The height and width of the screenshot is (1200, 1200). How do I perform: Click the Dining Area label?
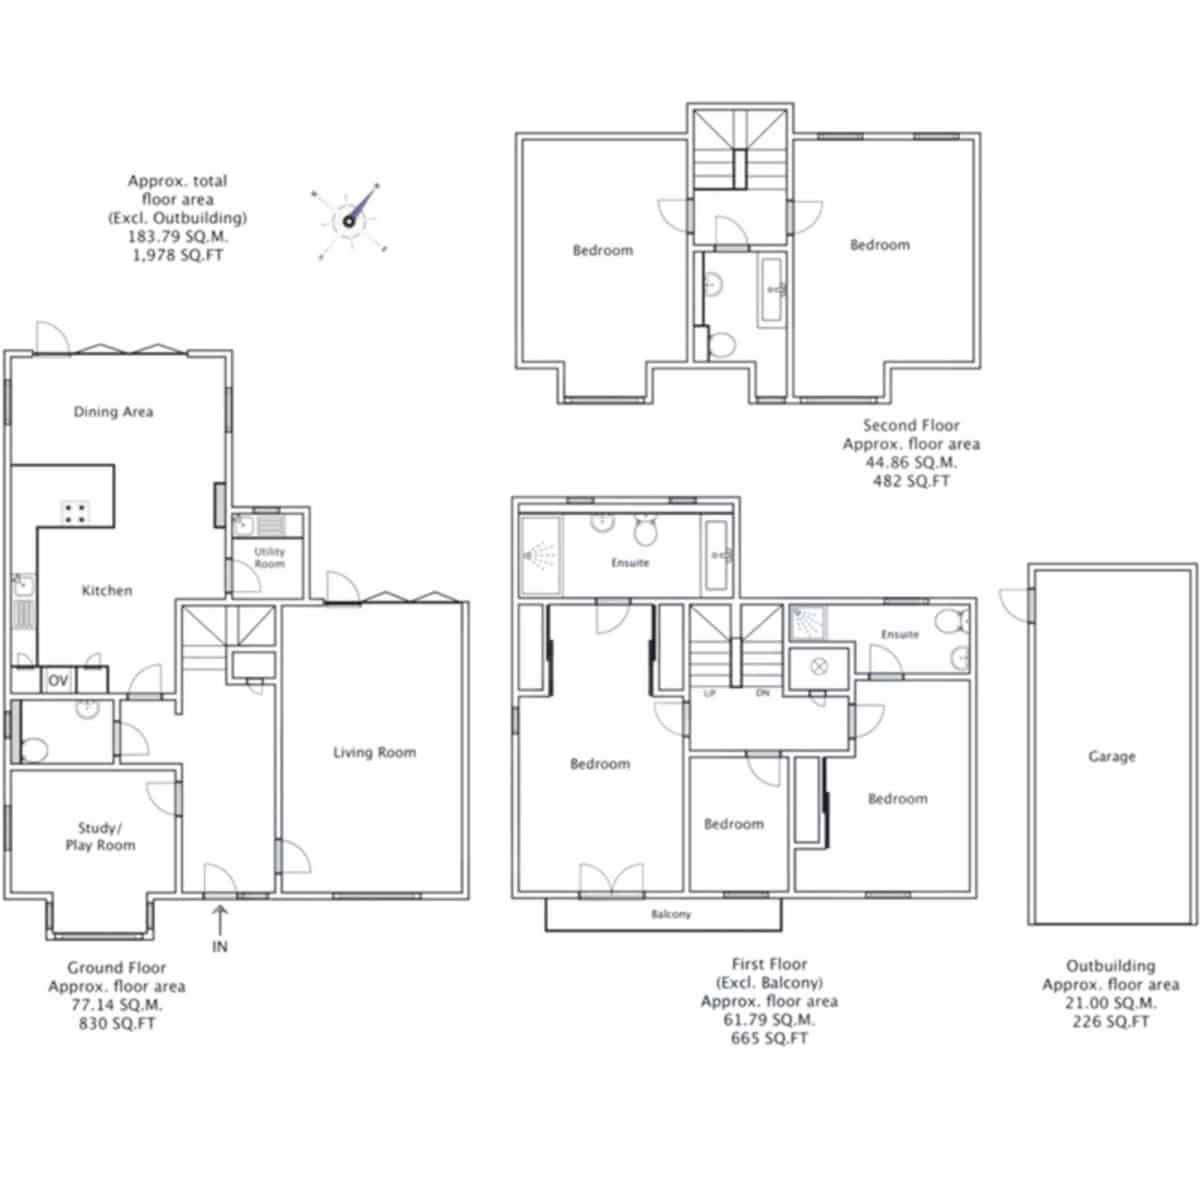pos(113,412)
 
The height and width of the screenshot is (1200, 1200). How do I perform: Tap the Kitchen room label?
pos(107,590)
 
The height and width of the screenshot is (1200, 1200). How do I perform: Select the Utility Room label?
pos(269,558)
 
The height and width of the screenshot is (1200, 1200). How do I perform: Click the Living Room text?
pos(374,753)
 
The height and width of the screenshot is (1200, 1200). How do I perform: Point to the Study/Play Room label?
pos(100,836)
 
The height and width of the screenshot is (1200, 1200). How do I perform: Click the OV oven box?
pos(58,681)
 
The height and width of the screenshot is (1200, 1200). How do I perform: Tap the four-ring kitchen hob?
pos(75,513)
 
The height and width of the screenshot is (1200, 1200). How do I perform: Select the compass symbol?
pos(349,220)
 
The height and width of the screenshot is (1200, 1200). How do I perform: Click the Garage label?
pos(1112,757)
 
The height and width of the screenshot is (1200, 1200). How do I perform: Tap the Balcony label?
pos(671,914)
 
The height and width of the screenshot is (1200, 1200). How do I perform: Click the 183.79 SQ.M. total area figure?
pos(178,237)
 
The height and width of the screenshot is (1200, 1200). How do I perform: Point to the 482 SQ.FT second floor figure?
pos(911,481)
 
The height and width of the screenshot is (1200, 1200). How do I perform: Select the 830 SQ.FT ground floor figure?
pos(116,1023)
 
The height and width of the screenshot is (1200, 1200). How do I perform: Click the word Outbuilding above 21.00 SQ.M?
pos(1110,966)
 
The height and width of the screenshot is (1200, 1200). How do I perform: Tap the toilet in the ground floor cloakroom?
pos(33,750)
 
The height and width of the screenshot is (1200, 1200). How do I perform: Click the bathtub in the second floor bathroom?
pos(773,290)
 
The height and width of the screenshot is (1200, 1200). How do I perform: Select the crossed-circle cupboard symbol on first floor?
pos(818,667)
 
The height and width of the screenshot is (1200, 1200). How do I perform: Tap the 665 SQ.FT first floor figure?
pos(769,1038)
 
